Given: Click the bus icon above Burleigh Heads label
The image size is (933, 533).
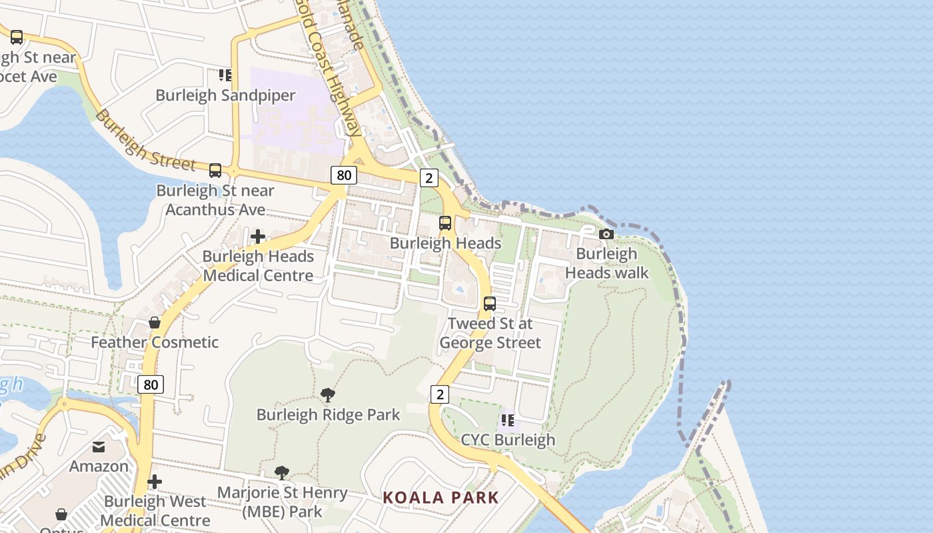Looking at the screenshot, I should [x=445, y=223].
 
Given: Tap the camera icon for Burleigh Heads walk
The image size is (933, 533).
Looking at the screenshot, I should [x=606, y=234].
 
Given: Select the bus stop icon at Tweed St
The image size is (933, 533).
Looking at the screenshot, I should [x=490, y=304].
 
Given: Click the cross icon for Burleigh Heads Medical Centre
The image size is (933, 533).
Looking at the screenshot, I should [x=258, y=237].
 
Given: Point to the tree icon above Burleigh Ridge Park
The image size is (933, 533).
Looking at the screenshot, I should [x=328, y=395].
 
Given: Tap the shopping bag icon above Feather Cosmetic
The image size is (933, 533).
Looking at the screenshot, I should [x=155, y=322].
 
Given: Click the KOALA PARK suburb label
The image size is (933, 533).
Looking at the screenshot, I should [x=441, y=498].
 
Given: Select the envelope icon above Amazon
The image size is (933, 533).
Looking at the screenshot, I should [x=99, y=446].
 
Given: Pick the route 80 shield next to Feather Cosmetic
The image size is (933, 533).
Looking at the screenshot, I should [x=151, y=384].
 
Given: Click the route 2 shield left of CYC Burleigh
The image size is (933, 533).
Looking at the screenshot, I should [x=439, y=394].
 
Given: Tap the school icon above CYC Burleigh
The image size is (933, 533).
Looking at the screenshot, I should [x=508, y=420].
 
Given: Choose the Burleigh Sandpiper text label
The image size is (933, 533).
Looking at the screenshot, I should [x=225, y=95].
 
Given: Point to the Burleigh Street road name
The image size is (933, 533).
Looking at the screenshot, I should [x=145, y=141].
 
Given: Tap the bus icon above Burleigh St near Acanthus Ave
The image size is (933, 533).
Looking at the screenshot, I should [x=215, y=171].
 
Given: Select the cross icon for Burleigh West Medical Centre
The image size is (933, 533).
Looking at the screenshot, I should [x=155, y=482].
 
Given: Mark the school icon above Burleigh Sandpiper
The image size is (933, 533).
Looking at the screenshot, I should [x=225, y=75].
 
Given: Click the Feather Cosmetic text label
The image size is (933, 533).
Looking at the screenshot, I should [x=155, y=342].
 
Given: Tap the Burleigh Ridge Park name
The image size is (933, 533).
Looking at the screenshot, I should [x=328, y=415].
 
